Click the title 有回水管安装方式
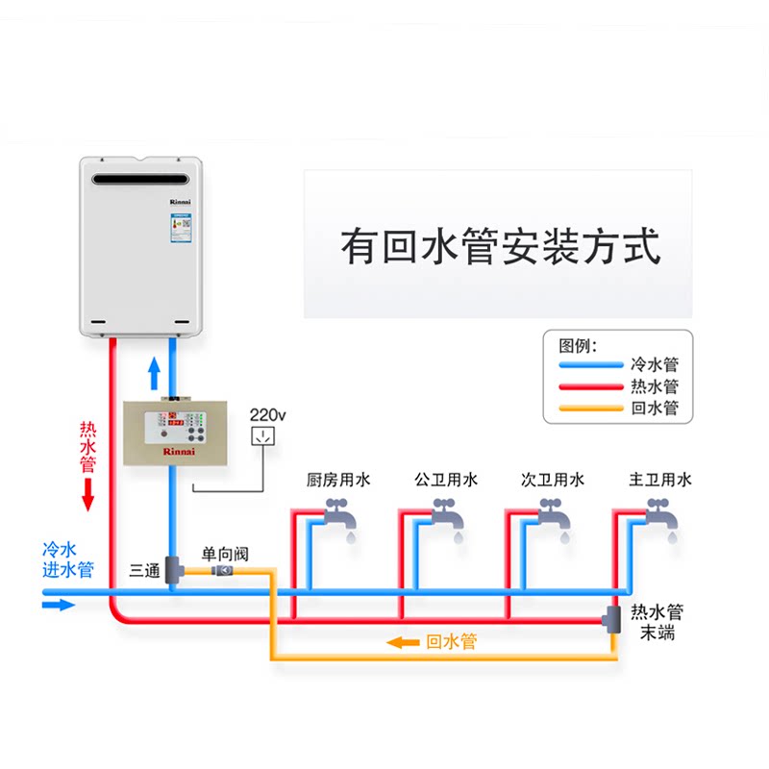click(x=500, y=246)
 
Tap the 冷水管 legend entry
click(x=655, y=365)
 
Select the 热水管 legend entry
click(x=655, y=386)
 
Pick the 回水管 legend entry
click(x=655, y=409)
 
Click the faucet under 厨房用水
click(x=337, y=520)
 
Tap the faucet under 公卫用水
click(x=445, y=520)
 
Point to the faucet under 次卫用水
click(x=552, y=520)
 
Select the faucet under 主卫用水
click(x=659, y=520)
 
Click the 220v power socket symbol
click(x=261, y=437)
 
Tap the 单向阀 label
click(x=225, y=554)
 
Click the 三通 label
click(x=145, y=570)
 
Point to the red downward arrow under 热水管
click(x=88, y=494)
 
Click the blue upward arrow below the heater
click(x=153, y=370)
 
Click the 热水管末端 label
click(x=657, y=622)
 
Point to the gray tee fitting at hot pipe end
click(x=612, y=620)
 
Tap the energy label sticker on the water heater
click(x=180, y=224)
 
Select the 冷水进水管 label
click(x=67, y=560)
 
